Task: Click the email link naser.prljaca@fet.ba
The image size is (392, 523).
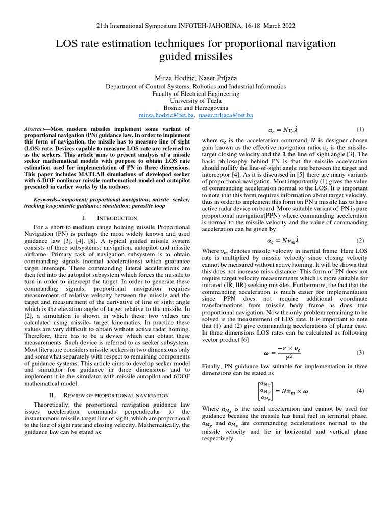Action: click(226, 116)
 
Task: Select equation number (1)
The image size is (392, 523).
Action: click(359, 130)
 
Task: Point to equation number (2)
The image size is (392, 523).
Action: click(359, 240)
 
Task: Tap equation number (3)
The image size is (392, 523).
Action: click(359, 352)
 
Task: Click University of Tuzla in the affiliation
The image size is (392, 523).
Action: click(195, 101)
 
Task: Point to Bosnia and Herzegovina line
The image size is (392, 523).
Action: click(195, 108)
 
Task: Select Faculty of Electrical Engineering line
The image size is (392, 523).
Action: click(195, 94)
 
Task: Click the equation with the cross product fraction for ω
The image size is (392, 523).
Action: click(276, 352)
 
